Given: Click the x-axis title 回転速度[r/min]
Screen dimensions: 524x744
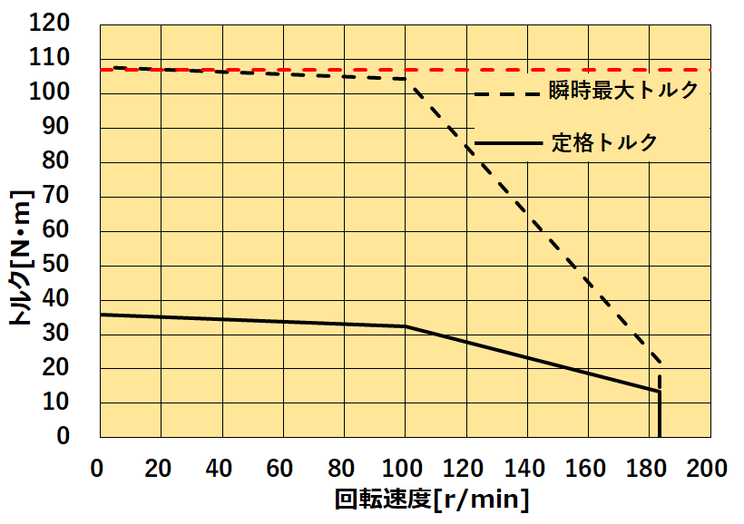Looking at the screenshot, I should pos(432,500).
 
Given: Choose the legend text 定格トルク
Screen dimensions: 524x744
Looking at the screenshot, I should pos(604,142).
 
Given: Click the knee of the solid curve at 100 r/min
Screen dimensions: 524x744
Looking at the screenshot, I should pos(405,326).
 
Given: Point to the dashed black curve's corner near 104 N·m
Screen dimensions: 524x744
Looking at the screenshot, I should pos(410,80).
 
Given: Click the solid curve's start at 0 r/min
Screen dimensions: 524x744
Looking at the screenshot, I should pos(101,315).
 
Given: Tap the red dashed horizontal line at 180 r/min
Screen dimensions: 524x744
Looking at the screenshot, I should pos(648,70).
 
